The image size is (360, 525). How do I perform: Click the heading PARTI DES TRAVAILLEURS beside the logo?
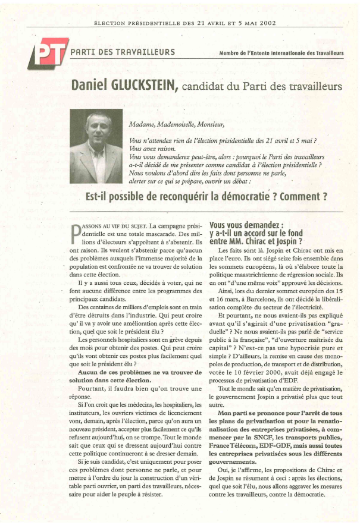(122, 52)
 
